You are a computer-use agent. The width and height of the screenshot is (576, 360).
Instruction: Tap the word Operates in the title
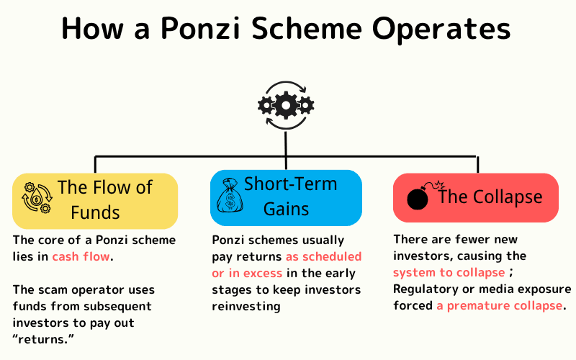445,30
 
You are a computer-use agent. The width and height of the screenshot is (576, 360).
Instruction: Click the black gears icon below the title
286,106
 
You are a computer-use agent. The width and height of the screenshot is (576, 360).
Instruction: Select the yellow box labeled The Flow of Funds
94,200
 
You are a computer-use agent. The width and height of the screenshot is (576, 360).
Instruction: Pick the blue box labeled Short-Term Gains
286,196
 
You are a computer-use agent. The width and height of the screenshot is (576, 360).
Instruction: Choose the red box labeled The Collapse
475,197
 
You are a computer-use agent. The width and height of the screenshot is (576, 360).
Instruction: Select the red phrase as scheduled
323,256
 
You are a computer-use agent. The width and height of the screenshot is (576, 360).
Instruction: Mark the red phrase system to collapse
449,272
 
